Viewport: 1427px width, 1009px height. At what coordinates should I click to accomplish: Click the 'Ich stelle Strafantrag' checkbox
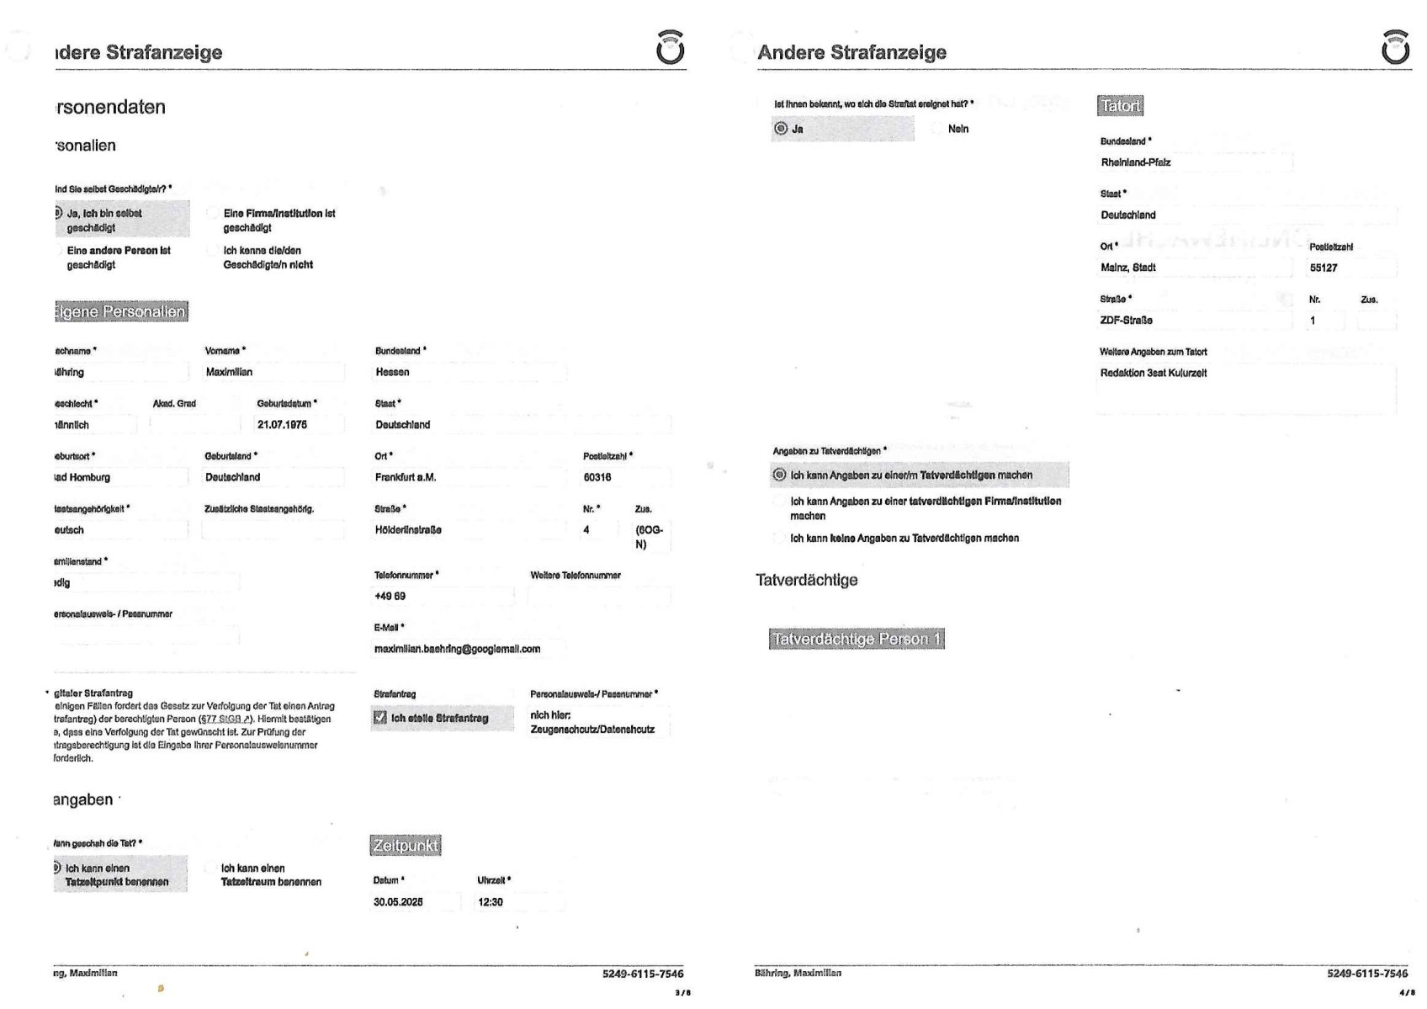(x=380, y=718)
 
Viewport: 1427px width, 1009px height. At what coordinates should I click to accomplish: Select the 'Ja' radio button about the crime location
(x=781, y=129)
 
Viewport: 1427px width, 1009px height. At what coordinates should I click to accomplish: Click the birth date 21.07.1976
(x=282, y=425)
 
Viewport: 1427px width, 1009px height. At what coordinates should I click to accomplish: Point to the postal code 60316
(x=597, y=477)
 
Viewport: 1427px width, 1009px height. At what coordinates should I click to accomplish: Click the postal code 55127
(x=1324, y=268)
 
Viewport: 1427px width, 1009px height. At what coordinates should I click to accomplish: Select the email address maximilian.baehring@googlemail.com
(x=457, y=649)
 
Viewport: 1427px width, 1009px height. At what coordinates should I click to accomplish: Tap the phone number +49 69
(x=390, y=596)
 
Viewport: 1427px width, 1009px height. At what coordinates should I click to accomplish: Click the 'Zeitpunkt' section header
(x=406, y=845)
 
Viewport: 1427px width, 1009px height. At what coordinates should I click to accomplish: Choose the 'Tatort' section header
(x=1121, y=106)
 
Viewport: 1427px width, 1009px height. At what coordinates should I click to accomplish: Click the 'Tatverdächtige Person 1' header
(x=857, y=639)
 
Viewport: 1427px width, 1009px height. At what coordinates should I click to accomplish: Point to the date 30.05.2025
(x=398, y=902)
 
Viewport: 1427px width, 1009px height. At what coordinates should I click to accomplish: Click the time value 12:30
(x=491, y=902)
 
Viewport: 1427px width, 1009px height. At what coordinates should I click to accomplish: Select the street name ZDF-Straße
(x=1126, y=321)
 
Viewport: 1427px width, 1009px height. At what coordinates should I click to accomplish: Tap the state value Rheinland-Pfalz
(x=1135, y=162)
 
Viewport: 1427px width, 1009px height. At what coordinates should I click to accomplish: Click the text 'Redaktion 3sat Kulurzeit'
(x=1153, y=373)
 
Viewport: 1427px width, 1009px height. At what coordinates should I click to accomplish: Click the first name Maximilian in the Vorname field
(x=229, y=372)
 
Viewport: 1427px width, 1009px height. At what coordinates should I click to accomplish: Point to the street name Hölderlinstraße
(x=408, y=530)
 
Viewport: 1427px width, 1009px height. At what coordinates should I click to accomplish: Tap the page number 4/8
(x=1406, y=993)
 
